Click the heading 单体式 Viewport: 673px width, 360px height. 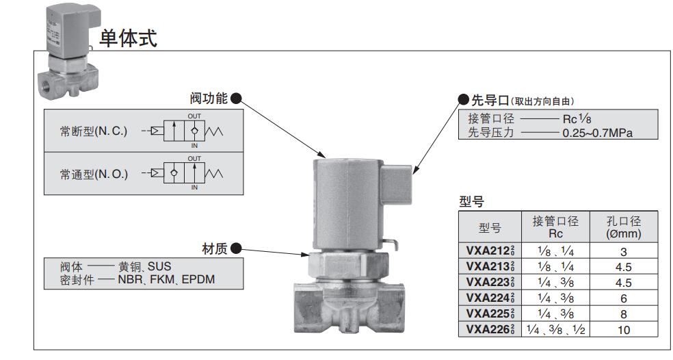128,38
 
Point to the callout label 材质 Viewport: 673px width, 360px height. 215,248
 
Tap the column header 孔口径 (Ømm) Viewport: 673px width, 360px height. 623,227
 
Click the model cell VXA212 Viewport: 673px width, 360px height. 490,251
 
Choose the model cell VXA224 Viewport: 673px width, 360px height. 490,298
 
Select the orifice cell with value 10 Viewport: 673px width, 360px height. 623,329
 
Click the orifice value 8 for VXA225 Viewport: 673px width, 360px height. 623,313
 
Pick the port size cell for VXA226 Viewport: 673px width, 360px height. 555,329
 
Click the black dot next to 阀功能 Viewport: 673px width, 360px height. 236,99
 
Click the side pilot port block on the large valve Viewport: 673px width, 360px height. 396,183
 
